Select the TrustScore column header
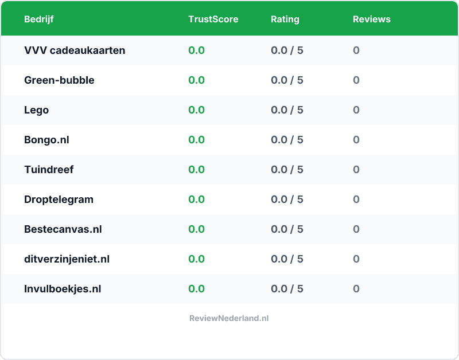click(213, 19)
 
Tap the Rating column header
click(285, 19)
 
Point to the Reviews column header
click(371, 19)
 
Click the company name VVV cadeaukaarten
click(75, 50)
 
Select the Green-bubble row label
click(59, 80)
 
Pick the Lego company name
click(36, 110)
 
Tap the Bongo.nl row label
click(46, 140)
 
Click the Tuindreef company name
click(49, 170)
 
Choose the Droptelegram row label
click(59, 199)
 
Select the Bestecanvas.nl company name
click(63, 229)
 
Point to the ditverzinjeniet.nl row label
click(67, 259)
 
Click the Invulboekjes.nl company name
click(63, 289)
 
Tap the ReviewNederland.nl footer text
click(229, 318)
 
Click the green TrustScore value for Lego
click(196, 110)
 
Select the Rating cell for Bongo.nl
click(287, 140)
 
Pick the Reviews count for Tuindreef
click(356, 170)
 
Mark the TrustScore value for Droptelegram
click(196, 199)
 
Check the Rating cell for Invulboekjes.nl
click(287, 289)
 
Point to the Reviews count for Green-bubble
click(356, 80)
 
